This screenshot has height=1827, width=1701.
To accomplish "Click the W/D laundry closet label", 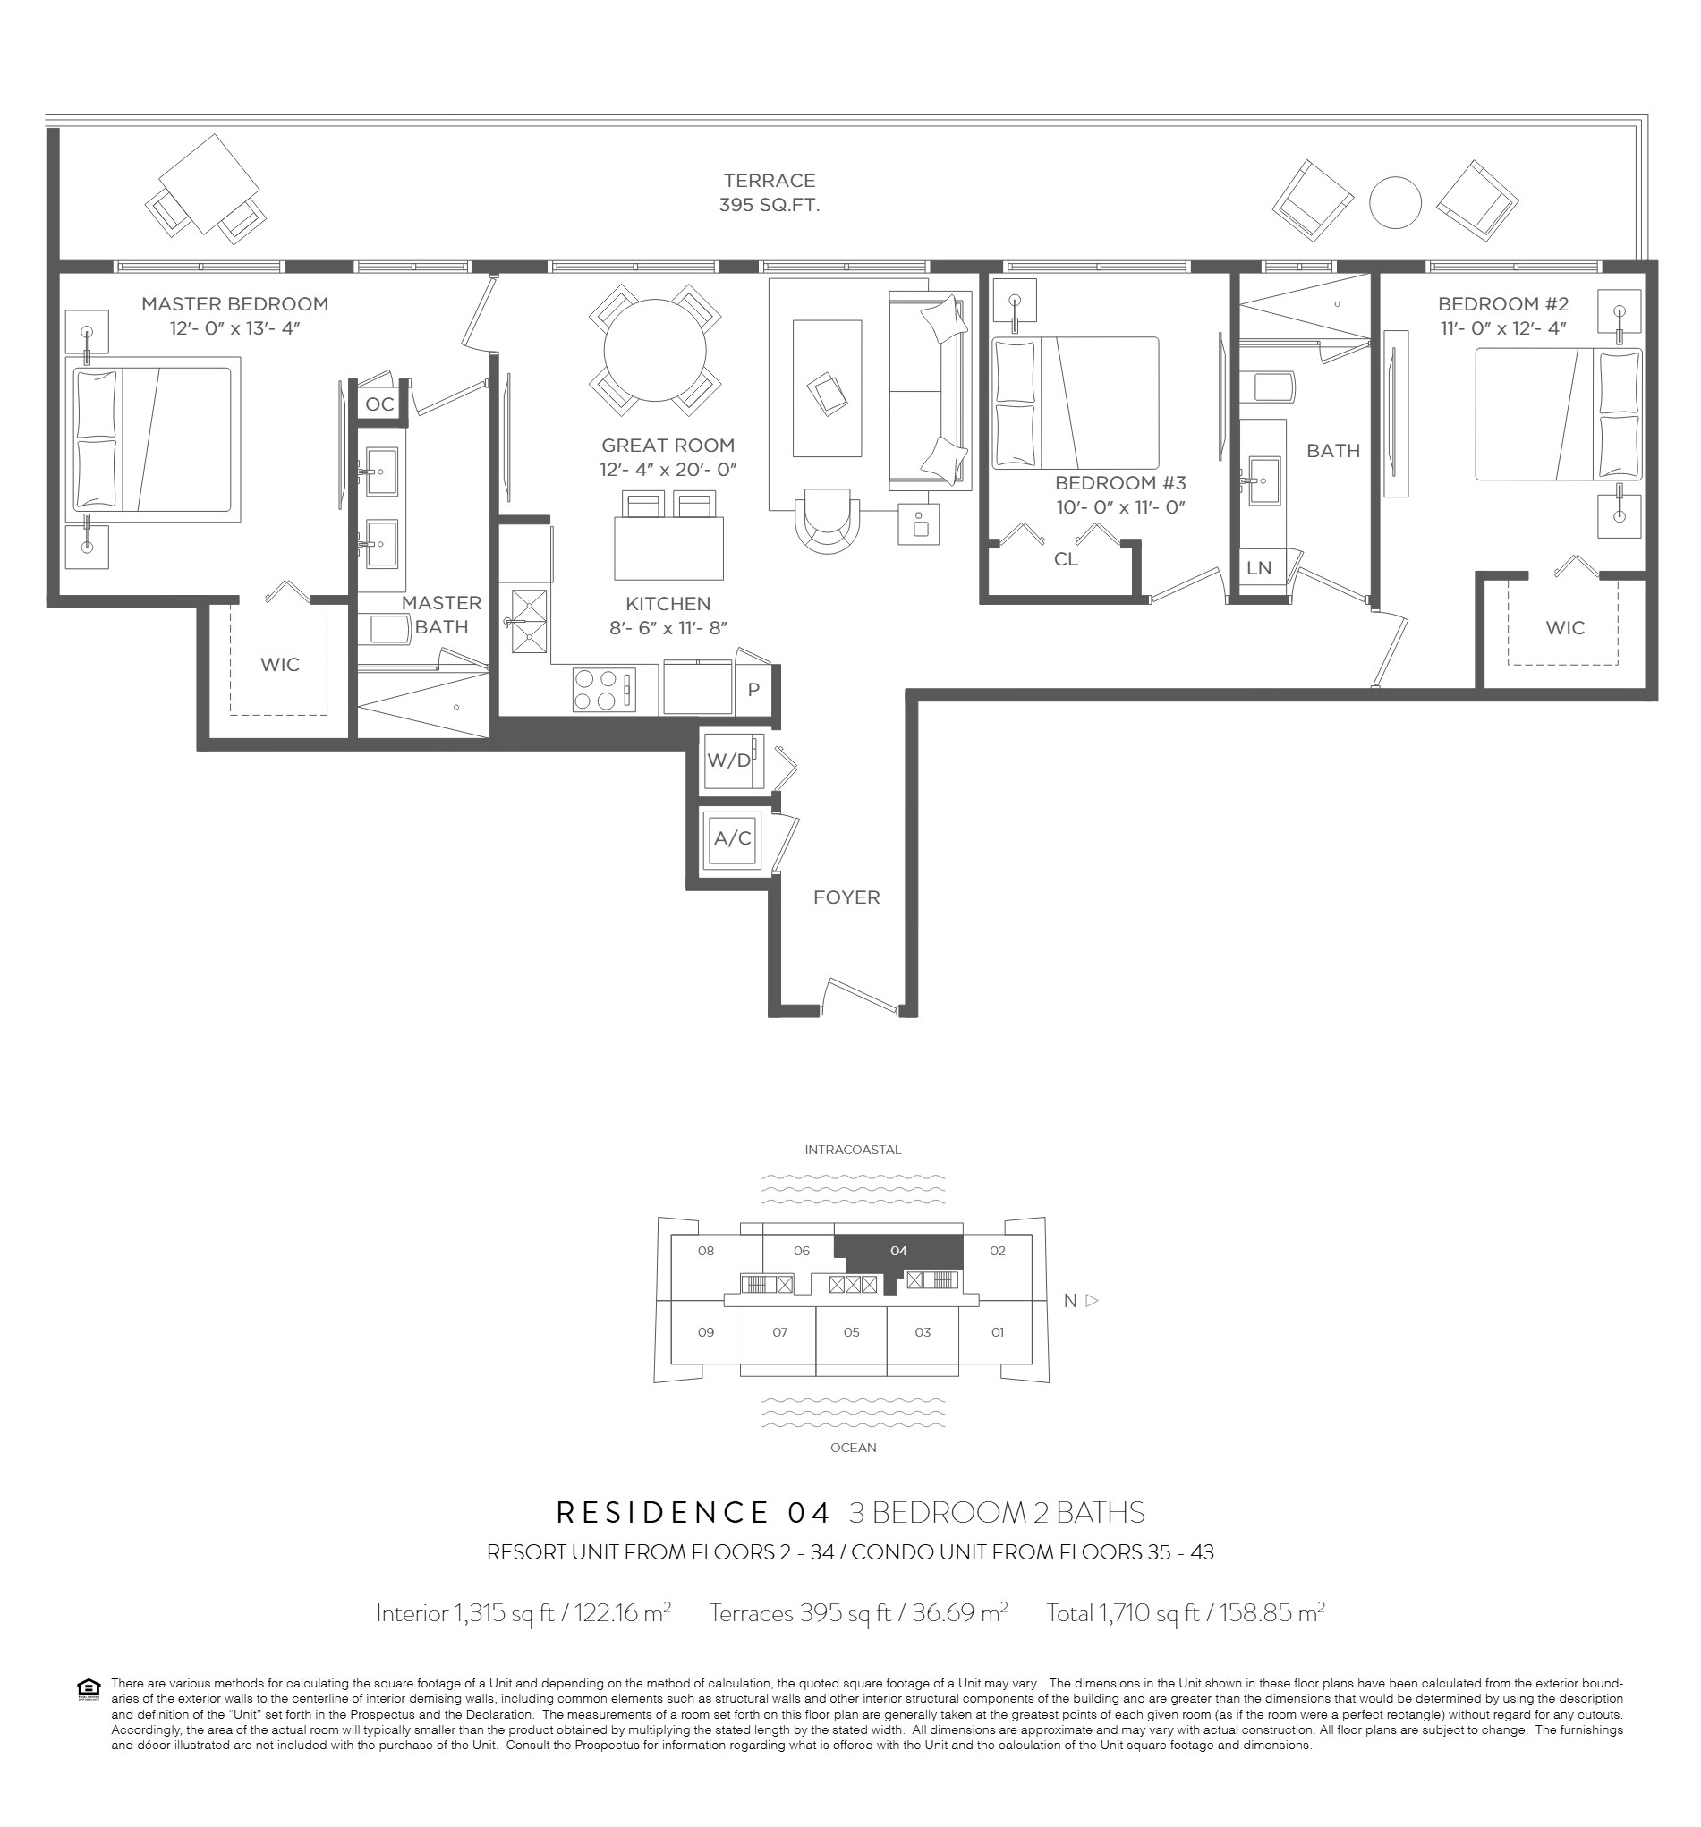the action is [728, 760].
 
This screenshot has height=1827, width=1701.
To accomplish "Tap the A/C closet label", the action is [733, 838].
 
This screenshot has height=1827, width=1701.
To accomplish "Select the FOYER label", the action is [846, 897].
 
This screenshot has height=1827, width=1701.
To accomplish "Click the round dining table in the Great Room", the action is [654, 350].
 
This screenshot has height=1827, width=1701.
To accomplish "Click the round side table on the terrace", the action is [1394, 202].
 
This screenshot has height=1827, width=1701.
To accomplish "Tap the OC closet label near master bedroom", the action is [379, 404].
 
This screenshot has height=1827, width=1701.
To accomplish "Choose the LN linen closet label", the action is [1259, 568].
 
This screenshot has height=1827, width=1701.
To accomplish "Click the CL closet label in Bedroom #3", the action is [1066, 559].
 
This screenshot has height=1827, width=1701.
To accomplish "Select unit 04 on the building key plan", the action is [898, 1251].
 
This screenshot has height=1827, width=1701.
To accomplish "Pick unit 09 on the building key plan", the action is [706, 1331].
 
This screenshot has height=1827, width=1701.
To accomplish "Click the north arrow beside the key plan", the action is [1092, 1300].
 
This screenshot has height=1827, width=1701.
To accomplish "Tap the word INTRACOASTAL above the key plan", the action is [853, 1150].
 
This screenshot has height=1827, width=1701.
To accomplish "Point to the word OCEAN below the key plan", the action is [853, 1448].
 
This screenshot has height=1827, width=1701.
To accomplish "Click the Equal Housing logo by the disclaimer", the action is [89, 1689].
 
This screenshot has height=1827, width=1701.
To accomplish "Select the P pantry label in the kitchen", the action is [753, 689].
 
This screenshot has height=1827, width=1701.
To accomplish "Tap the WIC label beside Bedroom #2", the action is [1565, 628].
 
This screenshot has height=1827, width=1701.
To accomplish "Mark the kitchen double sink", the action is [528, 621].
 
